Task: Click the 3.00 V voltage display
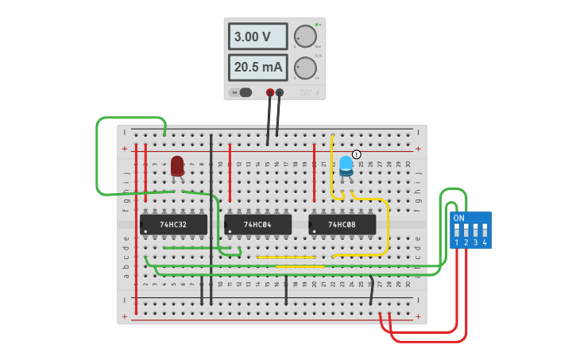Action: coord(259,37)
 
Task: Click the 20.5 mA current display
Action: coord(259,68)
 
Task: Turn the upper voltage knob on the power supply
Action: coord(304,37)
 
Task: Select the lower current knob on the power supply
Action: coord(304,68)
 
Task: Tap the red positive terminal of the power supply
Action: coord(270,92)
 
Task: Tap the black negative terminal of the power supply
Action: coord(280,92)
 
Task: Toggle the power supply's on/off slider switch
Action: coord(242,92)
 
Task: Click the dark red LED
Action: coord(177,165)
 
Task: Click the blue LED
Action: coord(346,165)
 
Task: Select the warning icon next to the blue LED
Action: coord(357,154)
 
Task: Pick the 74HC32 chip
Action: coord(173,225)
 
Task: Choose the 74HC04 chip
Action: coord(257,225)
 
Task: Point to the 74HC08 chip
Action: coord(342,225)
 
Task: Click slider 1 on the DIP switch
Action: coord(457,230)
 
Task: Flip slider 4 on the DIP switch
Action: coord(485,230)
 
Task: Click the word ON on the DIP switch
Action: coord(458,218)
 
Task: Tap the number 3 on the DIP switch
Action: coord(475,242)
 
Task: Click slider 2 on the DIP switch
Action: coord(466,230)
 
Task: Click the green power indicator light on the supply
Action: coord(315,25)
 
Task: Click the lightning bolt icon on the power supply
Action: coord(317,93)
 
